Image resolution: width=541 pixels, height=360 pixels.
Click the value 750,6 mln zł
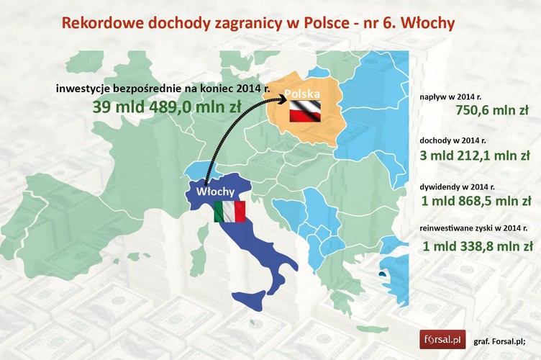[493, 111]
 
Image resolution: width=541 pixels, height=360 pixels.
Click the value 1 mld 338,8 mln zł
[478, 246]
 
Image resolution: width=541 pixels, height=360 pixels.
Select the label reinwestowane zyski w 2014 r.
[476, 229]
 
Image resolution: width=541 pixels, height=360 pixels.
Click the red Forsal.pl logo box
[442, 339]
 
